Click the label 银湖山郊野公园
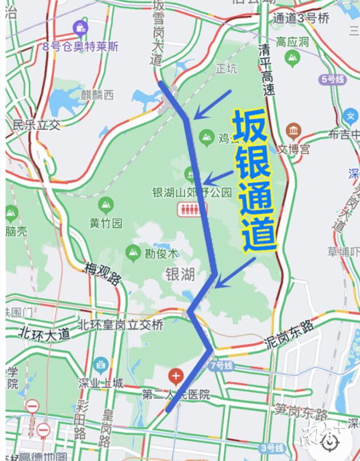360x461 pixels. pyautogui.click(x=192, y=192)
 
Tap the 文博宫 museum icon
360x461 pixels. pyautogui.click(x=294, y=131)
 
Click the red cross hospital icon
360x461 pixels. pyautogui.click(x=176, y=375)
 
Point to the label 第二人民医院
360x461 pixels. pyautogui.click(x=176, y=394)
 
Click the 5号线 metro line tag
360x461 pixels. pyautogui.click(x=332, y=79)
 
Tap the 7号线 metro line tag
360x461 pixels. pyautogui.click(x=220, y=365)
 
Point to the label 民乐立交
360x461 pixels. pyautogui.click(x=37, y=125)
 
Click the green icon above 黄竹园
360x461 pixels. pyautogui.click(x=106, y=204)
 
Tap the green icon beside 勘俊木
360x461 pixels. pyautogui.click(x=133, y=252)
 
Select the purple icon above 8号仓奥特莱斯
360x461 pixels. pyautogui.click(x=80, y=28)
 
